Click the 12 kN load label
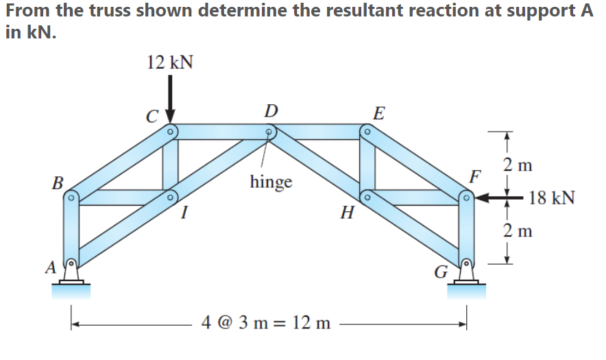pos(170,63)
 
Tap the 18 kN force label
pos(552,199)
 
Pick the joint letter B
pos(58,183)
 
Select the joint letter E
pos(378,112)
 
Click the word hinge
pos(271,182)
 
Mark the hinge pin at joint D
pos(271,130)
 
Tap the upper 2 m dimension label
pos(518,165)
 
